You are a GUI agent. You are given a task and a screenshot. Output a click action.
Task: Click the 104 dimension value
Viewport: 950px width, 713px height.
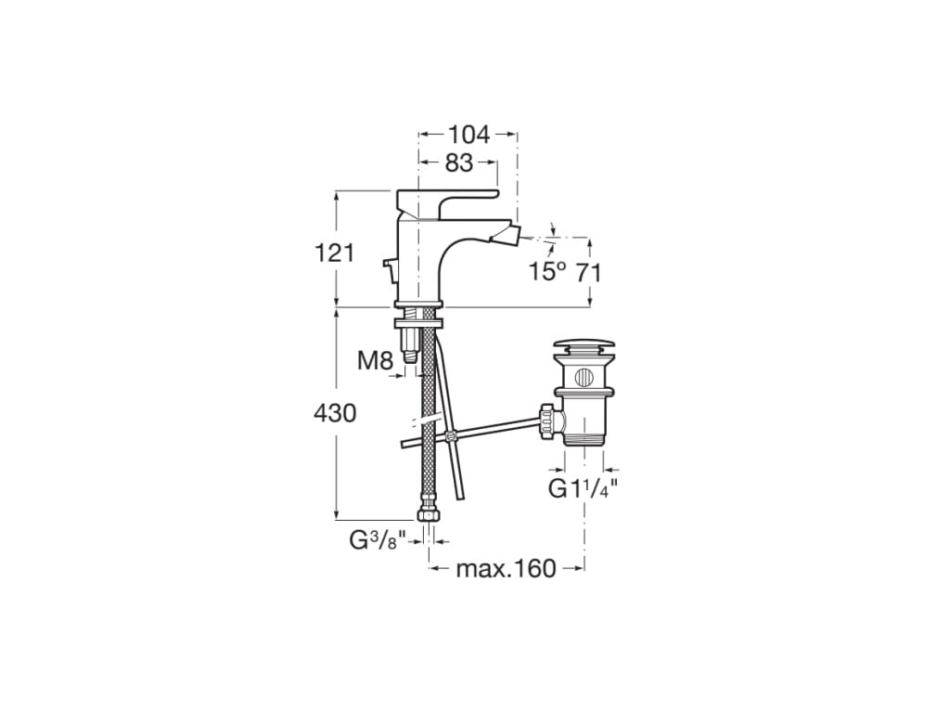tap(469, 135)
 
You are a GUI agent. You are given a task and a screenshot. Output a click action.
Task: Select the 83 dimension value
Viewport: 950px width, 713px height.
tap(458, 162)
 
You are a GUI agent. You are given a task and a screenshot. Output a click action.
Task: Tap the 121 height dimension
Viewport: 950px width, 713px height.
tap(334, 253)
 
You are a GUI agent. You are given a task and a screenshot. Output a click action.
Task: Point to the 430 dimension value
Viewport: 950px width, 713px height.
tap(334, 413)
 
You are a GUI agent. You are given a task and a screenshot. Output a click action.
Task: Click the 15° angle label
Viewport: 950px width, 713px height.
tap(547, 271)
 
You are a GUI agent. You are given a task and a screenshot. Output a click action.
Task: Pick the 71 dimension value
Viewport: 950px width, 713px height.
tap(588, 274)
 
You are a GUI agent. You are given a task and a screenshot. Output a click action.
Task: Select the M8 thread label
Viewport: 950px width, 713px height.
tap(376, 361)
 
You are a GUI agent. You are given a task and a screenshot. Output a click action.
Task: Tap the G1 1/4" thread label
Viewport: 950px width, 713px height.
tap(584, 488)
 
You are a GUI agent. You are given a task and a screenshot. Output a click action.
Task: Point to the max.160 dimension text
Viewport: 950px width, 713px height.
tap(506, 569)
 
